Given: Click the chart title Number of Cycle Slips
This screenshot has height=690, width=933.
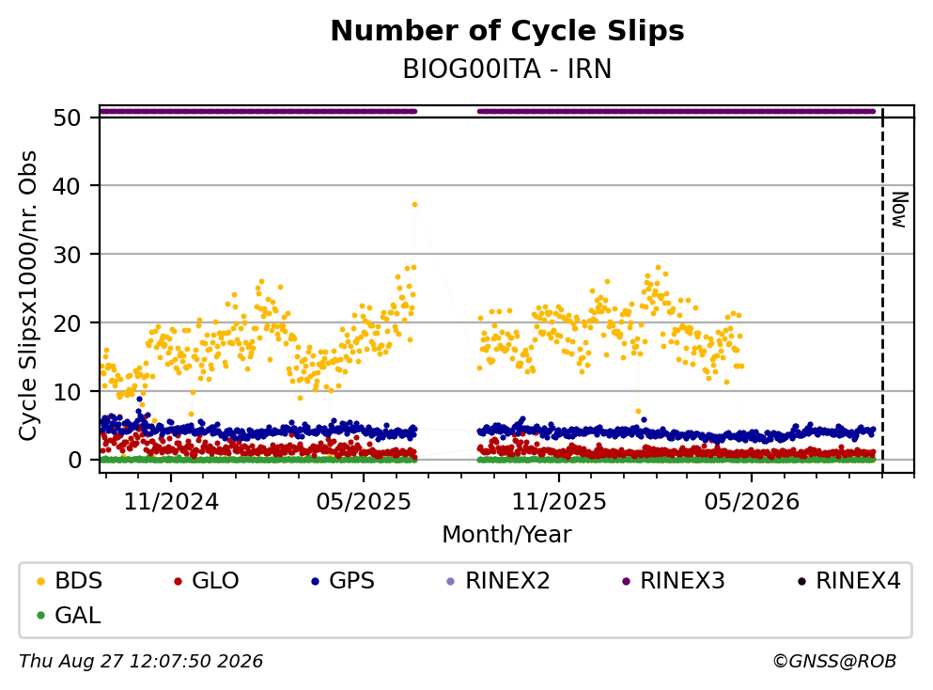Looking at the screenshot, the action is [507, 31].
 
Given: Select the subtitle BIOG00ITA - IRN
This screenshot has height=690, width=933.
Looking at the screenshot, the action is [507, 69].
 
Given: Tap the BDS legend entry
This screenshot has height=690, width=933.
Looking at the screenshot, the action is [70, 580].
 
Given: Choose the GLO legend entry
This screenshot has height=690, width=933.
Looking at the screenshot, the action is [207, 580].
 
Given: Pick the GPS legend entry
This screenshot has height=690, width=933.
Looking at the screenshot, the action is [343, 580].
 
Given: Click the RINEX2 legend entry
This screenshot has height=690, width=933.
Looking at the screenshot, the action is [499, 580].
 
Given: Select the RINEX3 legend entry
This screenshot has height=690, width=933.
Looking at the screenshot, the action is [674, 580].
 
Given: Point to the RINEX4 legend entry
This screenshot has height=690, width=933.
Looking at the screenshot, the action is [849, 580].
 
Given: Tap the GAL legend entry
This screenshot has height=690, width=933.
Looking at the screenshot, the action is [69, 615].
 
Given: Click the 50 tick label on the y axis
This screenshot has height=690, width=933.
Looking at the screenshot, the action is [68, 118].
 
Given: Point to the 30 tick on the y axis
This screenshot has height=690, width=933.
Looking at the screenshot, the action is [68, 255].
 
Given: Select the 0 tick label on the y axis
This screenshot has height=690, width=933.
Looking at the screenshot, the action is [75, 461].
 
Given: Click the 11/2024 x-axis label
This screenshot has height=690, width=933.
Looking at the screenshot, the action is [171, 502].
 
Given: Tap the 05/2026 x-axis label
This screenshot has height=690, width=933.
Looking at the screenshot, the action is [752, 502].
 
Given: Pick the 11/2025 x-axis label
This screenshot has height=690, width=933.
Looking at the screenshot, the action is [559, 502].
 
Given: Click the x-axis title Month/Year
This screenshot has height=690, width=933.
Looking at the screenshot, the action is [507, 534].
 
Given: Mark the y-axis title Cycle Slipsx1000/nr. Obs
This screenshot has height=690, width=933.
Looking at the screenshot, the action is [27, 296].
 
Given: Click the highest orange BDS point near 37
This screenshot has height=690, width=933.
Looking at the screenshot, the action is [414, 204].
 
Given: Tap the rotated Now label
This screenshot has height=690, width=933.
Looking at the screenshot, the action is [899, 210].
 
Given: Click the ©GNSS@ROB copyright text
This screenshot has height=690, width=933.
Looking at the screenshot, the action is [834, 661].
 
